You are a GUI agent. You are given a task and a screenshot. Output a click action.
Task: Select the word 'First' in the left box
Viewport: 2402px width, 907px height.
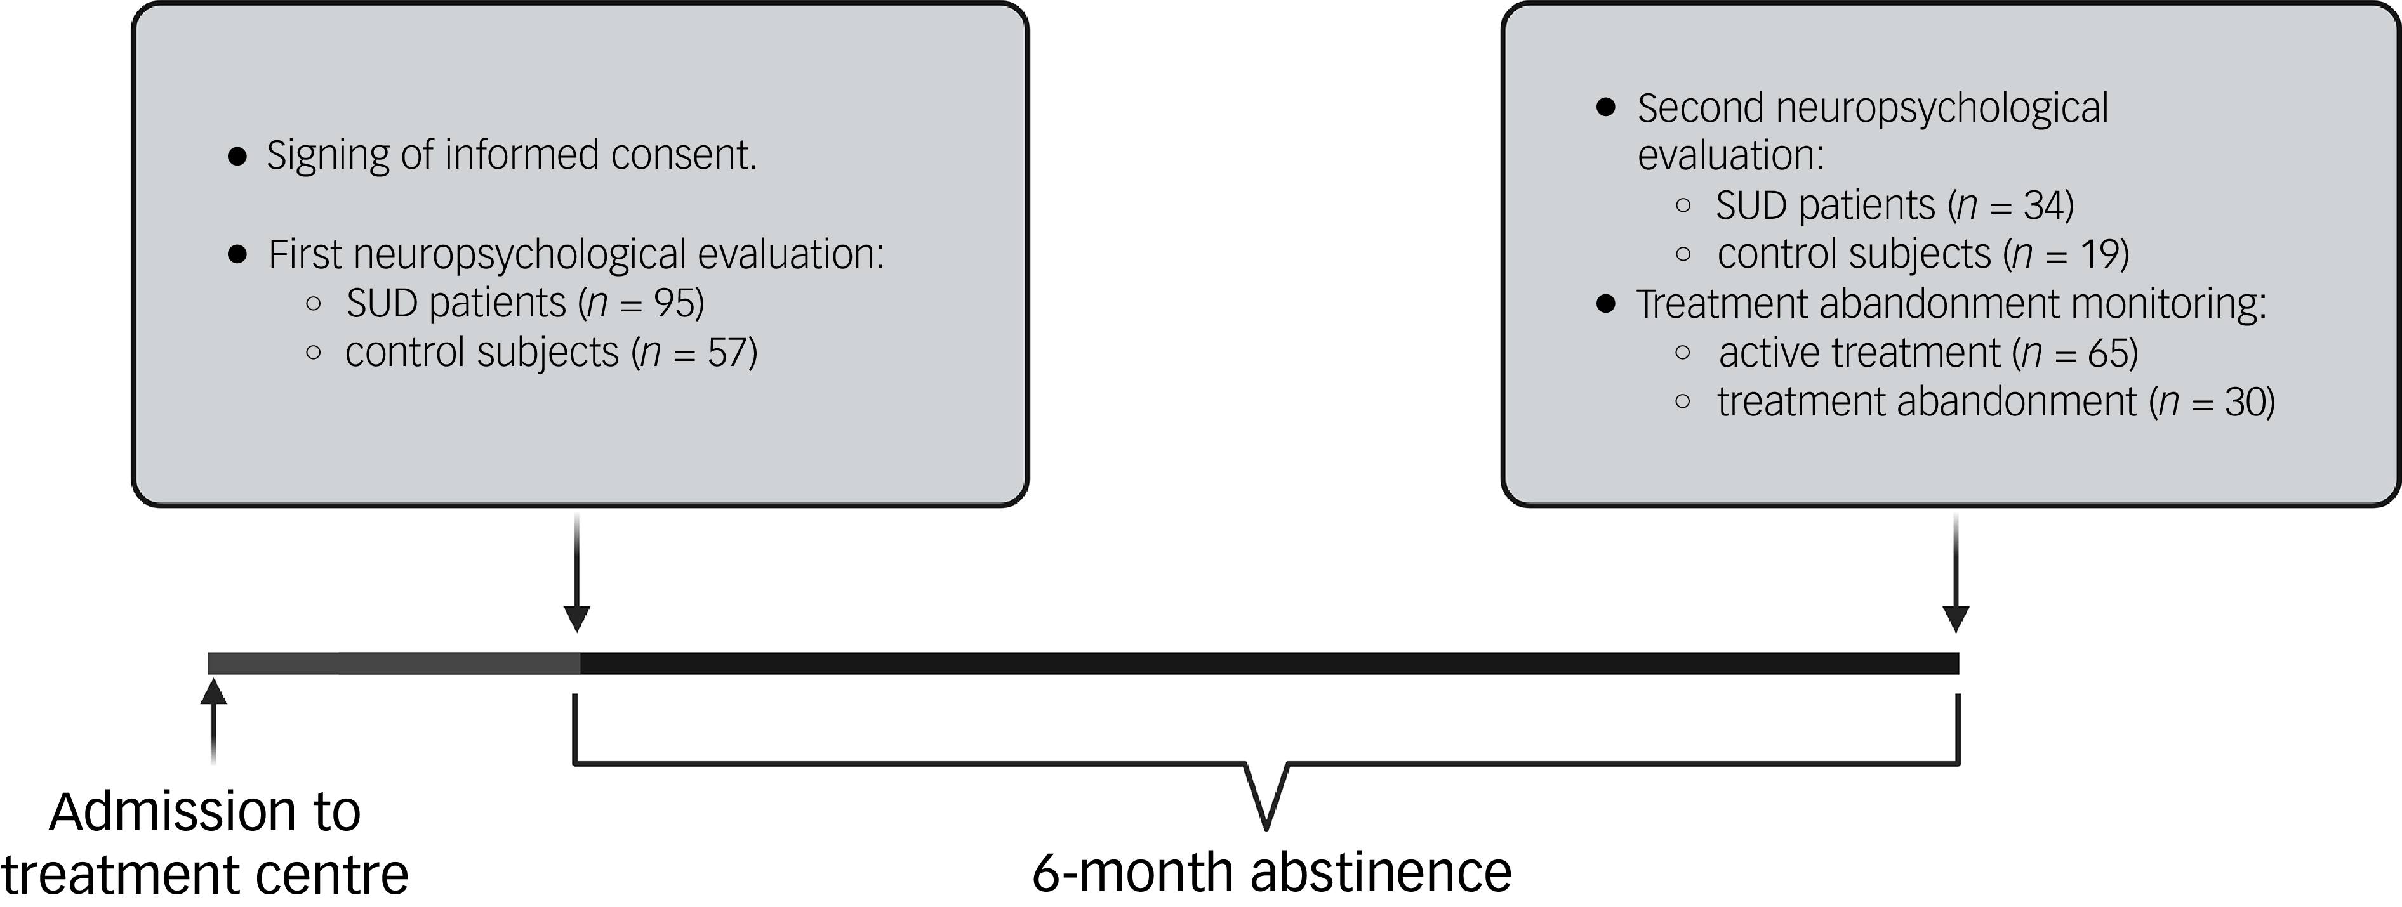coord(306,254)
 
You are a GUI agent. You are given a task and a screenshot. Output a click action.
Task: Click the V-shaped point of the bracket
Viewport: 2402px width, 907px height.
coord(1266,820)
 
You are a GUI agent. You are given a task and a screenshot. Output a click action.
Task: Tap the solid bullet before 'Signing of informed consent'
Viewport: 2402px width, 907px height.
coord(238,157)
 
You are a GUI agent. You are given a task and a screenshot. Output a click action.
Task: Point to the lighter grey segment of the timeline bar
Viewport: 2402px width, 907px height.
coord(392,663)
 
